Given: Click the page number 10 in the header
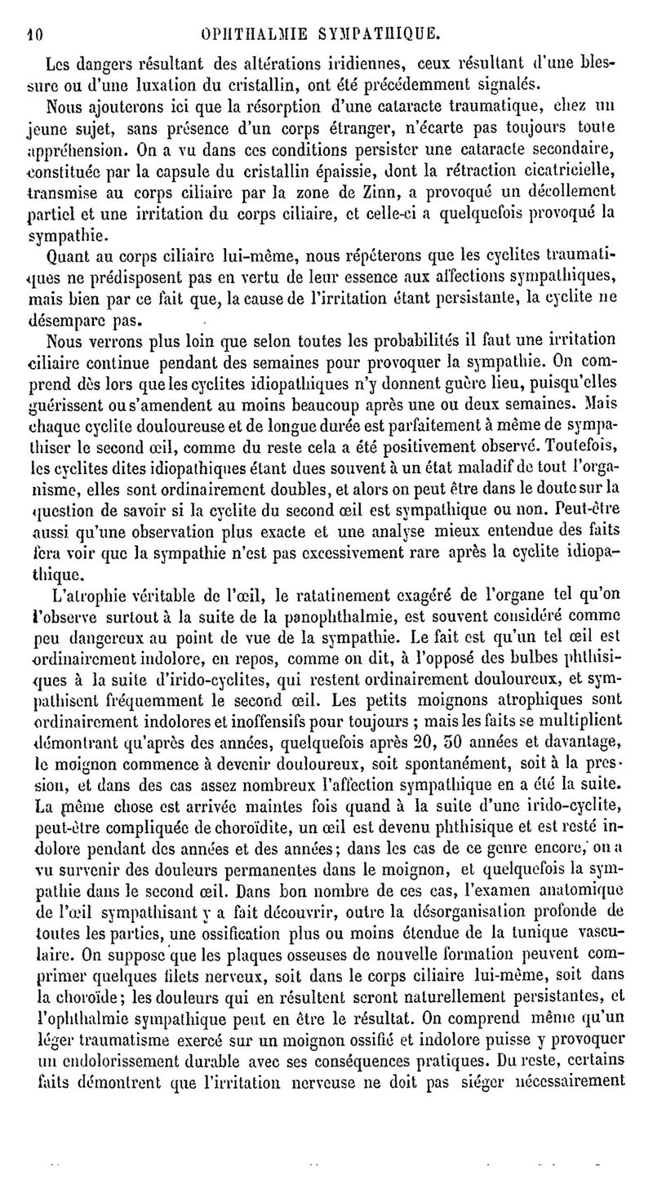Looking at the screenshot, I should pos(33,35).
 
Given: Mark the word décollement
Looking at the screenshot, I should pos(575,191).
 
